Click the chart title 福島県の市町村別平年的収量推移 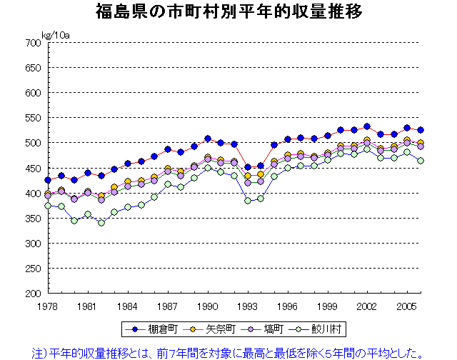coord(228,12)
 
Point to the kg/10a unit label coord(55,34)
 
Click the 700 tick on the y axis coord(31,43)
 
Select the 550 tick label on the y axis coord(31,118)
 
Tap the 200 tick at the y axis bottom coord(31,293)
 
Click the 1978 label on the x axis coord(48,305)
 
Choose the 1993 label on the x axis coord(247,305)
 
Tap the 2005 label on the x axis coord(406,305)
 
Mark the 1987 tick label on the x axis coord(167,305)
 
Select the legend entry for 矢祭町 coord(214,329)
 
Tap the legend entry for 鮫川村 coord(321,329)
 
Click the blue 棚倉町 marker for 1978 coord(48,180)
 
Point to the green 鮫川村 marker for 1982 coord(101,222)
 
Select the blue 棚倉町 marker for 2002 coord(367,126)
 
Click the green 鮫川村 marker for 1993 coord(248,200)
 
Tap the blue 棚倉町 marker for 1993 coord(248,167)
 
